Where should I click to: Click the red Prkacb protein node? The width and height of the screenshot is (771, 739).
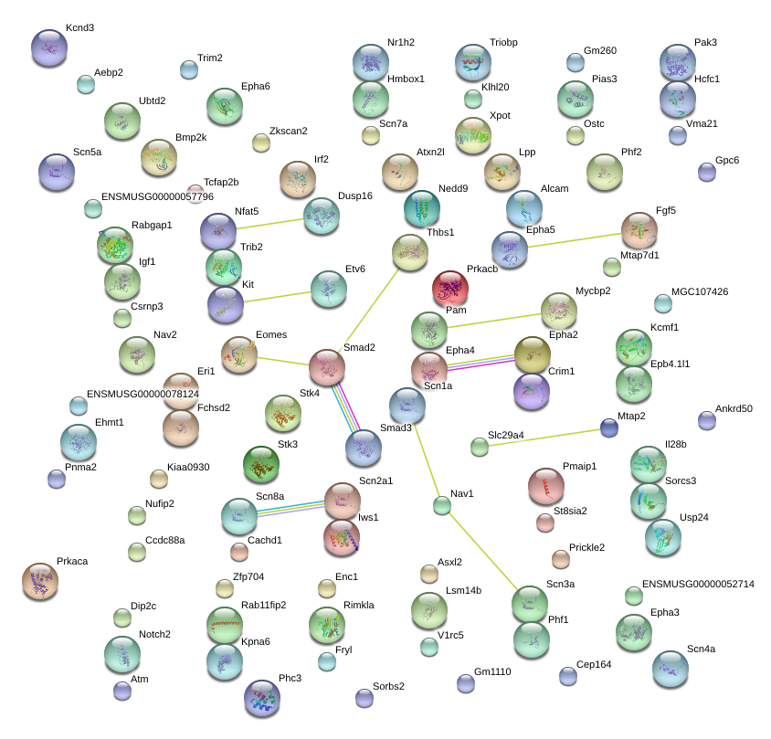coord(450,289)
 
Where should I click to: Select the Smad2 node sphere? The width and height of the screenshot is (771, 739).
coord(327,367)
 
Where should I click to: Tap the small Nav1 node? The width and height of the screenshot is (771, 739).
coord(442,505)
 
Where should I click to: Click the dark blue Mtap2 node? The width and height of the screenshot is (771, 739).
coord(609,428)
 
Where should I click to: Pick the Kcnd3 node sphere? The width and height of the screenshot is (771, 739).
coord(49,48)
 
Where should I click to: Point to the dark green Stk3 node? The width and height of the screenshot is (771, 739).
coord(261,464)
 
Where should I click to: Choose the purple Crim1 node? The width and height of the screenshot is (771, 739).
coord(532,391)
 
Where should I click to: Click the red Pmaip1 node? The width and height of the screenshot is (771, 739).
coord(545,486)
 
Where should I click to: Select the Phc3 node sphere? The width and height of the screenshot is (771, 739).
coord(262,698)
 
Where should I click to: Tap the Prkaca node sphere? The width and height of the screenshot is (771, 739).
coord(40,581)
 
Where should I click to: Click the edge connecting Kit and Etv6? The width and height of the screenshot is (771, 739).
coord(278,297)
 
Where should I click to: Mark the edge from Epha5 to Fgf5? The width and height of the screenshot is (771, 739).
coord(575,240)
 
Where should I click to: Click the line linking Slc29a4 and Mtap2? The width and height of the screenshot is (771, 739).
coord(544,438)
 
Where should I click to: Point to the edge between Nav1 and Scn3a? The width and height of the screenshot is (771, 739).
coord(482,551)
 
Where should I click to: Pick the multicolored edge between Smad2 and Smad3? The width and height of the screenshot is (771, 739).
coord(345,408)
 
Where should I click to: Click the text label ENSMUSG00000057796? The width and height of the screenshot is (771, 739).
coord(157,196)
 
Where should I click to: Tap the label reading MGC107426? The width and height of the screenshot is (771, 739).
coord(700,291)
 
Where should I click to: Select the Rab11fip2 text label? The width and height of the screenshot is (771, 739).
coord(264,605)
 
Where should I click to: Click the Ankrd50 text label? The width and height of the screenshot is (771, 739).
coord(734,408)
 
